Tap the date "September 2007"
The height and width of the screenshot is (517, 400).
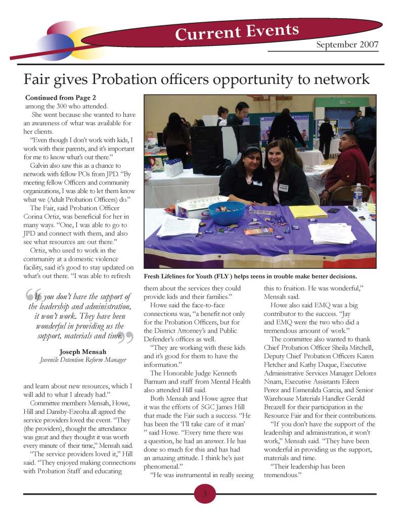(347, 45)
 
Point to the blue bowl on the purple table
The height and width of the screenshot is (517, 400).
(227, 213)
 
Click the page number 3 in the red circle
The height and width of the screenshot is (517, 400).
(205, 494)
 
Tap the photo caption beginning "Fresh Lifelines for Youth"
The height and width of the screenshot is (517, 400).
(251, 276)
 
